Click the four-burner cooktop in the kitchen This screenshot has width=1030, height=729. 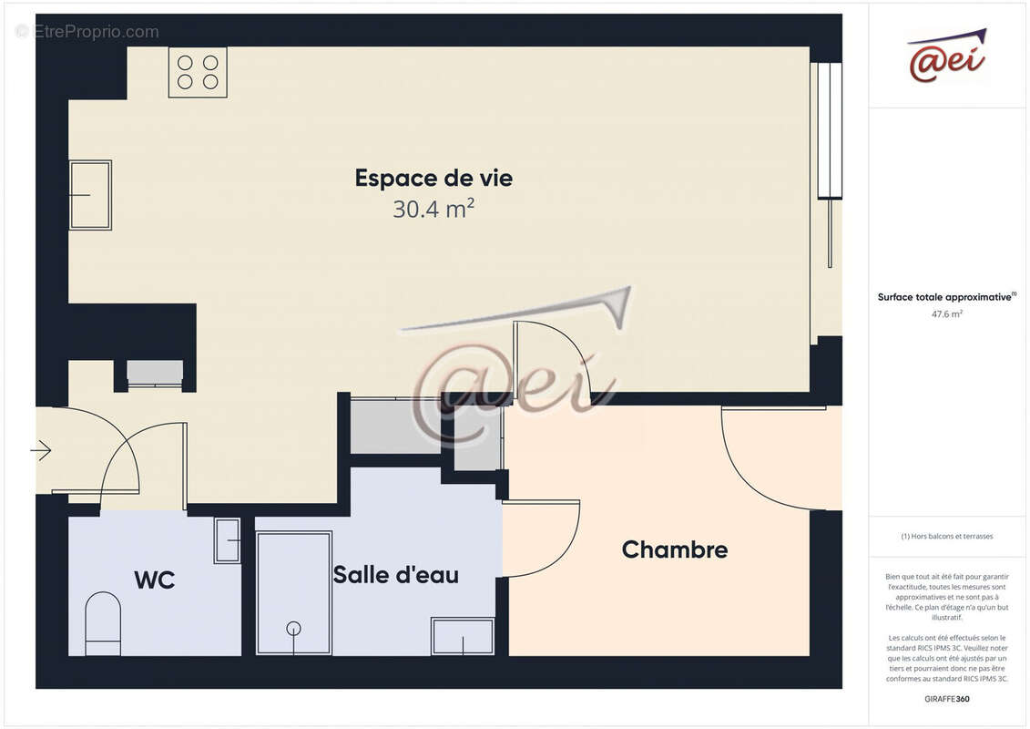pyautogui.click(x=198, y=72)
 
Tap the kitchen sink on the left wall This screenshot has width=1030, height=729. pyautogui.click(x=90, y=195)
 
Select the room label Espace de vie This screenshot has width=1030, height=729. pyautogui.click(x=433, y=179)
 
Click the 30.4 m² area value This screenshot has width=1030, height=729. pyautogui.click(x=433, y=210)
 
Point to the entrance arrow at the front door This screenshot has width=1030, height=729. pyautogui.click(x=41, y=449)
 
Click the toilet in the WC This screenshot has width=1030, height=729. pyautogui.click(x=103, y=623)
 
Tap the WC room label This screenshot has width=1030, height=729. pyautogui.click(x=154, y=580)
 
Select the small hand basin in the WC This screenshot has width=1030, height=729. pyautogui.click(x=227, y=540)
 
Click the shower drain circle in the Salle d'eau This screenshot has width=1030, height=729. pyautogui.click(x=293, y=628)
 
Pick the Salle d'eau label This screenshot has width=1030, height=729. pyautogui.click(x=395, y=575)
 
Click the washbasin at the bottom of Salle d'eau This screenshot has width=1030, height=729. pyautogui.click(x=463, y=636)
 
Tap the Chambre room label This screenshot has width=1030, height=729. pyautogui.click(x=674, y=550)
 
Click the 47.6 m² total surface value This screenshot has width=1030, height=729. pyautogui.click(x=946, y=313)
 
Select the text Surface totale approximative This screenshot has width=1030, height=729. pyautogui.click(x=945, y=297)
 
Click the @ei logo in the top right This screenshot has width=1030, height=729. pyautogui.click(x=947, y=56)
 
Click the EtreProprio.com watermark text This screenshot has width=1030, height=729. pyautogui.click(x=87, y=32)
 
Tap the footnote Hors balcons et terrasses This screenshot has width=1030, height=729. pyautogui.click(x=947, y=536)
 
